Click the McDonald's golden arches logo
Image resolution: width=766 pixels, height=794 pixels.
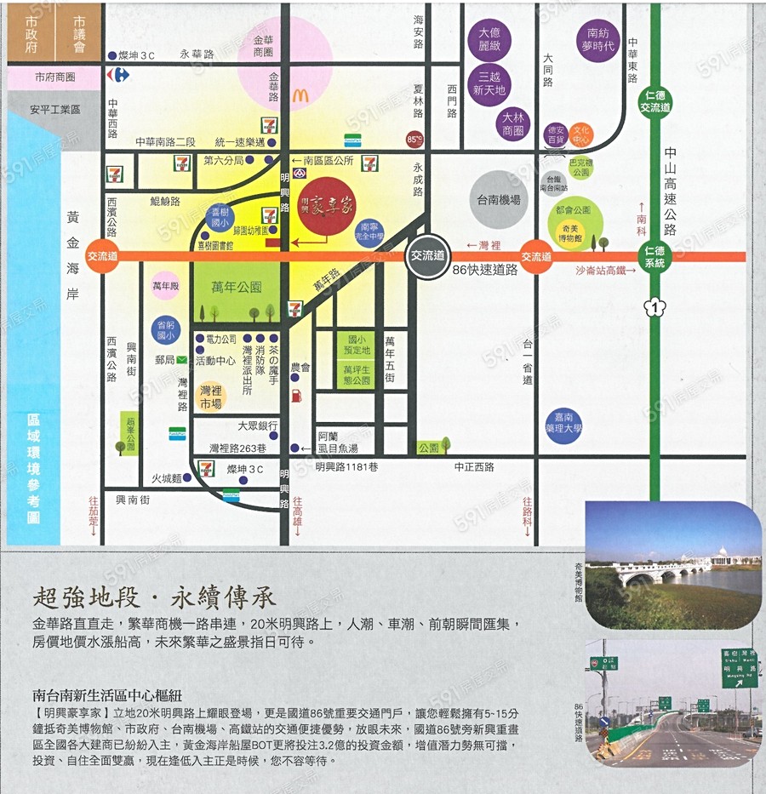point(300,96)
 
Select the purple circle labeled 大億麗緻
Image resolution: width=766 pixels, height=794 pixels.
point(494,38)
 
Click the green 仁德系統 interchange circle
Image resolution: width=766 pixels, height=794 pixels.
point(655,256)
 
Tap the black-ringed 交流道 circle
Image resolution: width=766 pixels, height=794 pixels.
point(427,255)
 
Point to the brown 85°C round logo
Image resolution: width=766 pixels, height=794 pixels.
point(414,139)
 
